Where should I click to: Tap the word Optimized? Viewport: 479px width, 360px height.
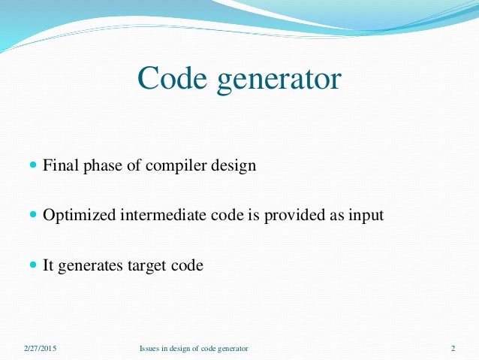(78, 216)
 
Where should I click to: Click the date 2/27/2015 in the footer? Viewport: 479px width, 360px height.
(39, 349)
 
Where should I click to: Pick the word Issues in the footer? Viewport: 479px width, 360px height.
(149, 349)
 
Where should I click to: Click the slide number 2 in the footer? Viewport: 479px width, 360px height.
(453, 349)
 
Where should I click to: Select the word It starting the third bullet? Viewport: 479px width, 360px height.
(50, 265)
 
